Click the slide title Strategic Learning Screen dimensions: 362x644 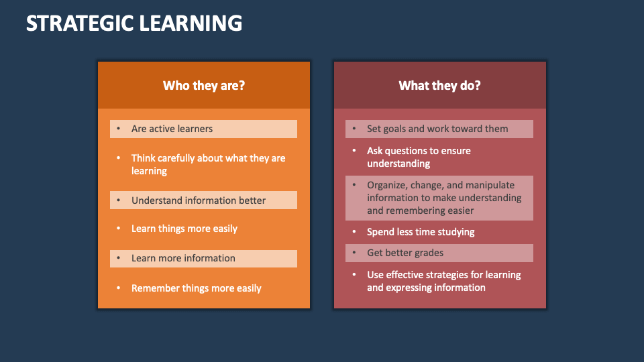point(134,23)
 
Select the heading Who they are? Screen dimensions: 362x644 point(204,86)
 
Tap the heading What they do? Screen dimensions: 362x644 point(439,86)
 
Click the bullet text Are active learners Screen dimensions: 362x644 point(172,129)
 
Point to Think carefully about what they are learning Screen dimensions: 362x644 point(208,164)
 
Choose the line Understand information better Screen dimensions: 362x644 point(199,200)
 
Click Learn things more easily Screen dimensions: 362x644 point(184,229)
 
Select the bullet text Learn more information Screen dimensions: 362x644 point(183,258)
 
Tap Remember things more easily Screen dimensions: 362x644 point(197,288)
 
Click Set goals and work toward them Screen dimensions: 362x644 point(437,129)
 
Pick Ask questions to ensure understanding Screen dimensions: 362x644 point(419,157)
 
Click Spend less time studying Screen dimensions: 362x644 point(421,232)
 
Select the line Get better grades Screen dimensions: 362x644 point(405,253)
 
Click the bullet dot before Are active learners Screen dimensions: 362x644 point(119,129)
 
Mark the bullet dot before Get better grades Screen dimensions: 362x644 point(354,253)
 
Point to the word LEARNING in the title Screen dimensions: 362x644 point(191,23)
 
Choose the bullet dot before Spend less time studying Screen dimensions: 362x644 point(354,232)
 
